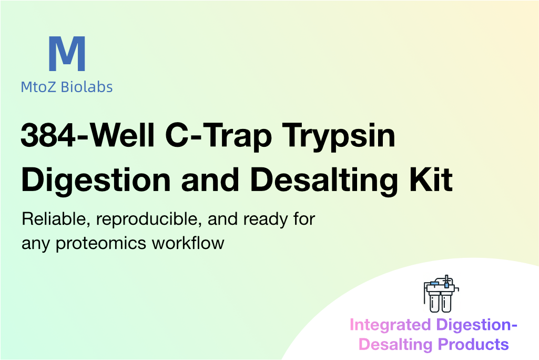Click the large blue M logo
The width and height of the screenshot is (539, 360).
click(67, 54)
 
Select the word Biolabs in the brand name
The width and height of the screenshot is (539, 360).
click(87, 87)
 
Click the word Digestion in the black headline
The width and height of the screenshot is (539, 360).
click(96, 181)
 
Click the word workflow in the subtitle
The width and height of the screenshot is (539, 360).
click(188, 243)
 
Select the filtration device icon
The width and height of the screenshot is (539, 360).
click(441, 294)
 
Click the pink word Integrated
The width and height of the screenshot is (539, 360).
click(390, 325)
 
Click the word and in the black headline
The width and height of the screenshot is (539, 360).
click(210, 179)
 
